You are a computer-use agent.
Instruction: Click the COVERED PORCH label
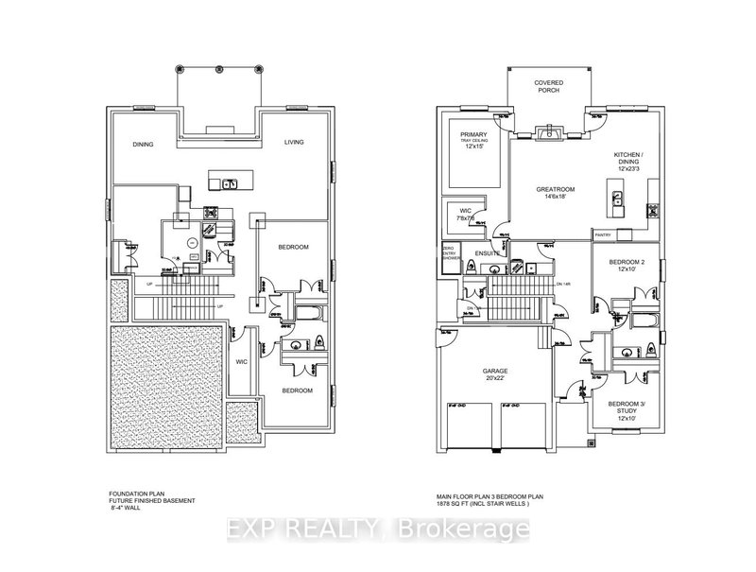coord(548,87)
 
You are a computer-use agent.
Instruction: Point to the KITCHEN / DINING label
coord(628,162)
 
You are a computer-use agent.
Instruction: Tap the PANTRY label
coord(601,234)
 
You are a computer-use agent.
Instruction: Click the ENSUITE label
coord(487,252)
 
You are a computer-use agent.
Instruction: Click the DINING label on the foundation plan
coord(143,144)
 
